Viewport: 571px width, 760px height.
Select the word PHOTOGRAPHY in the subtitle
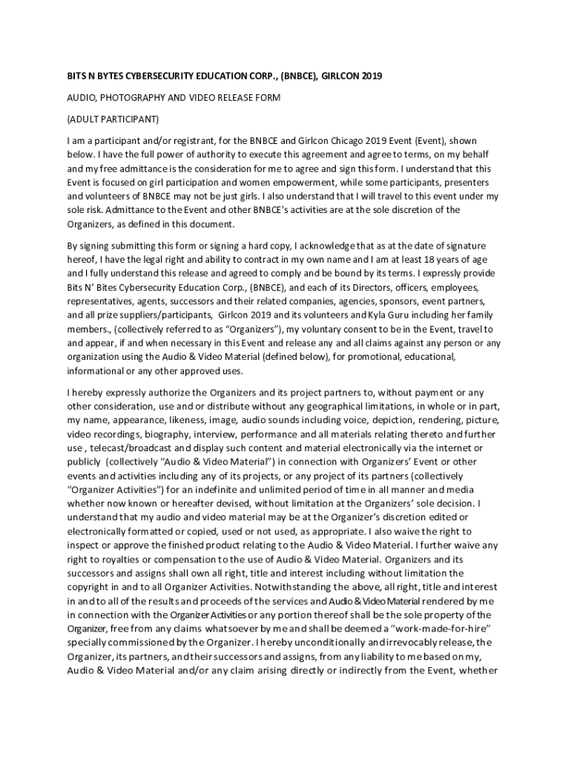132,98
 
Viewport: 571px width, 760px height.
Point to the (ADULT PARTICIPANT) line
113,119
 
